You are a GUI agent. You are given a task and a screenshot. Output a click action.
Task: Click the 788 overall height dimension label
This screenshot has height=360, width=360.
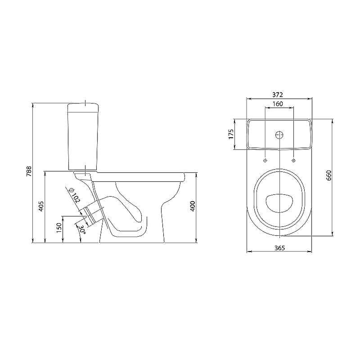click(x=29, y=171)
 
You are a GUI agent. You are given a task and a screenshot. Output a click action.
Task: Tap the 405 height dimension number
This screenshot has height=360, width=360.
click(x=41, y=207)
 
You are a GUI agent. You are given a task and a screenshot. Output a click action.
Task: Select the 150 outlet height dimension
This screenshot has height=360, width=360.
click(x=59, y=228)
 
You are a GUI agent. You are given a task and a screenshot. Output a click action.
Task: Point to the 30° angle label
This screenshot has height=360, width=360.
click(x=82, y=229)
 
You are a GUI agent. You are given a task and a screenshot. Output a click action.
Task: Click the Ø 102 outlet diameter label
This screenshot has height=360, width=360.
click(x=74, y=195)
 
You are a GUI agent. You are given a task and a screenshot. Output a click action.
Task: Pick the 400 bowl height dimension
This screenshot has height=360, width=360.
click(x=193, y=206)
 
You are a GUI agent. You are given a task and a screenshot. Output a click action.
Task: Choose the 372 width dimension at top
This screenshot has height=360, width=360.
click(x=278, y=94)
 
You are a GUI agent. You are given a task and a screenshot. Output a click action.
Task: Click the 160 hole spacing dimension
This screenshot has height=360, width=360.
click(x=278, y=104)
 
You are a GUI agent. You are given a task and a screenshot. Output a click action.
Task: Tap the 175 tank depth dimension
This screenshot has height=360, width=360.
click(x=231, y=134)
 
